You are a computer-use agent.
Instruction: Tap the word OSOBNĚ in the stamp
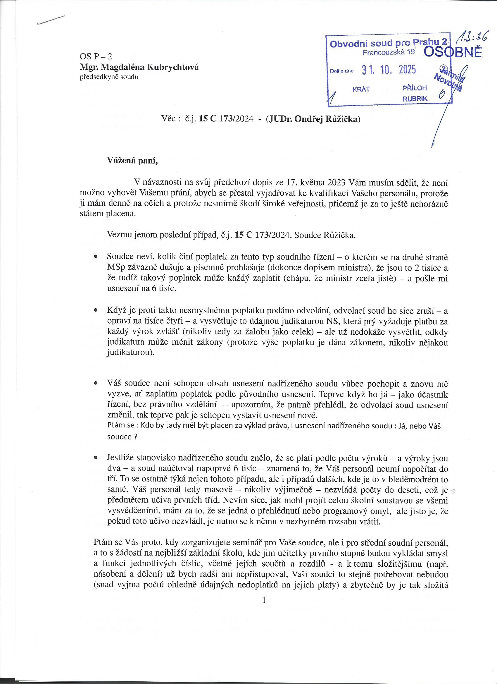tap(452, 52)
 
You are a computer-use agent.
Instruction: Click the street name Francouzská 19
tap(389, 53)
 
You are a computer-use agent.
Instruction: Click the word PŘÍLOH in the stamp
tap(415, 88)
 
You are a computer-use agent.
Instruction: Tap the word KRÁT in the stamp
tap(361, 89)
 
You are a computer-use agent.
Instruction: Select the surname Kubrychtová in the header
tap(172, 68)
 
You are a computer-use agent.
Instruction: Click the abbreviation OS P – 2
tap(96, 56)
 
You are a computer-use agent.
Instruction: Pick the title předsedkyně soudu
tap(109, 77)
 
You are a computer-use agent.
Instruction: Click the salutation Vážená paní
tap(133, 160)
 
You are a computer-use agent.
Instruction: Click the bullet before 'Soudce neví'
tap(96, 257)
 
